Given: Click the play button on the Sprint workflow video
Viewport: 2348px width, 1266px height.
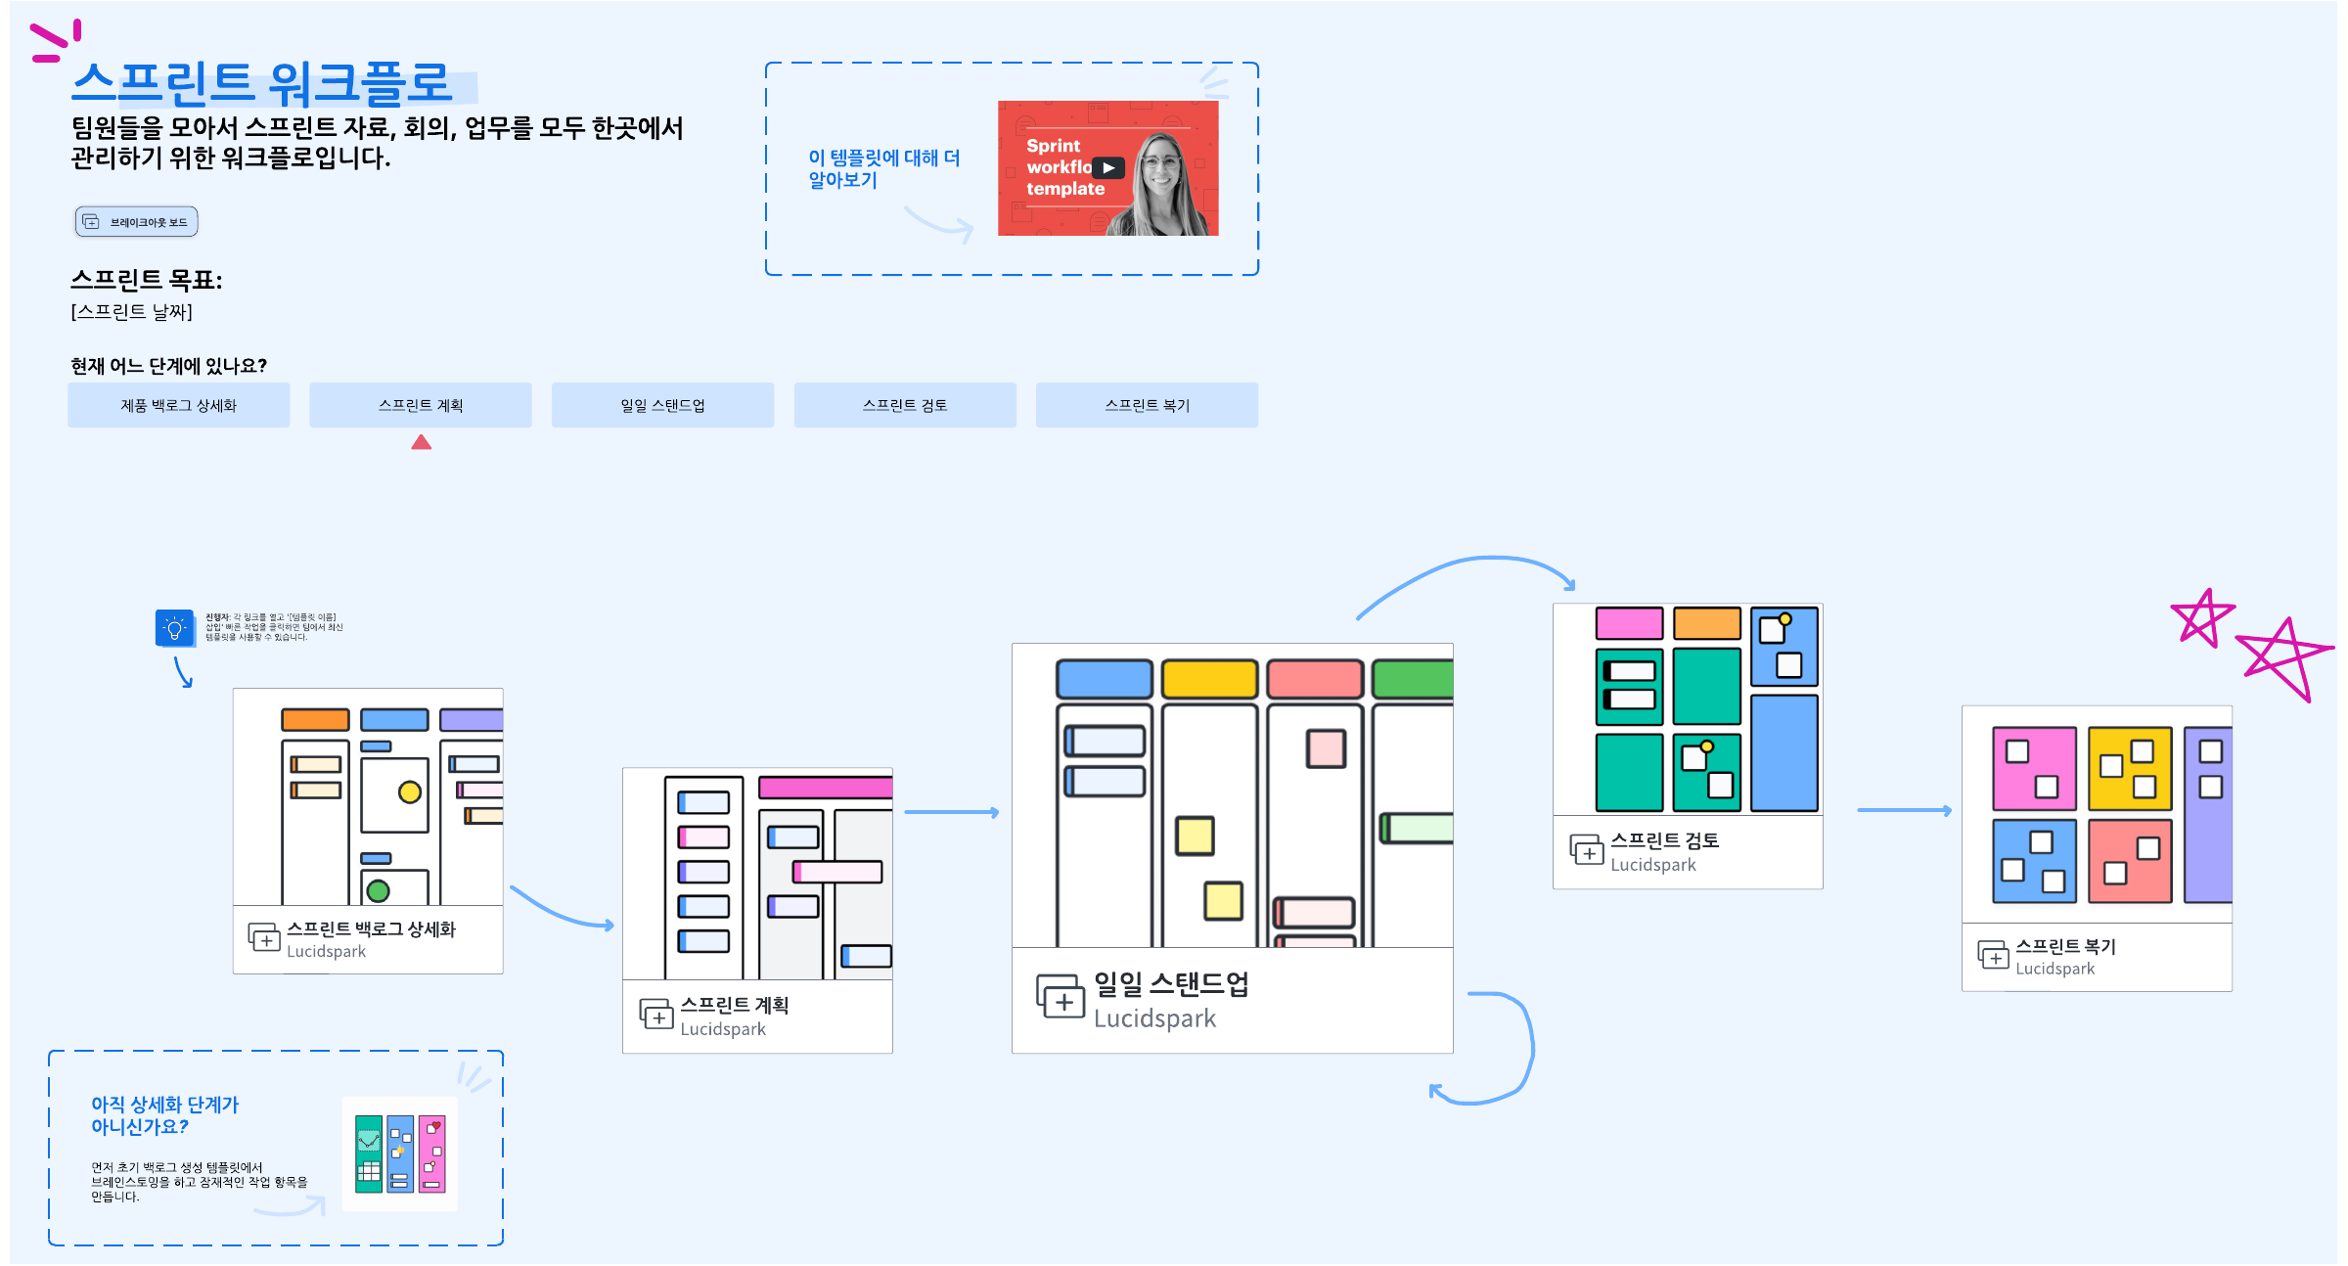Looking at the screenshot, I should (1108, 168).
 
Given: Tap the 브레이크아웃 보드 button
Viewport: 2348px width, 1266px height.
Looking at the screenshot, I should (137, 222).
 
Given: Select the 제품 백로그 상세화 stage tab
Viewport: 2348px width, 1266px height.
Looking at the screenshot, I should (179, 405).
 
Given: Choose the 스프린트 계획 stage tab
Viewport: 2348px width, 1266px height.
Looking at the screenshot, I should (421, 405).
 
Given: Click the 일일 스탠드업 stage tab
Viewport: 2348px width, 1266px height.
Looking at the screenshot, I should (662, 405).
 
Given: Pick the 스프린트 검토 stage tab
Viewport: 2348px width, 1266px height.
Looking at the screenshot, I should (905, 405).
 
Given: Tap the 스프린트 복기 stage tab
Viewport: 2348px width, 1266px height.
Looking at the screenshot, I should (1147, 405).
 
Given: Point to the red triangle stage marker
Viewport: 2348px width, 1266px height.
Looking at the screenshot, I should (422, 443).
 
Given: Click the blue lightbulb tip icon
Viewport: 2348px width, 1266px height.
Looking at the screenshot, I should (174, 628).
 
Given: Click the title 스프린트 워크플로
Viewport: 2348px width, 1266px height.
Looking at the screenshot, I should (262, 83).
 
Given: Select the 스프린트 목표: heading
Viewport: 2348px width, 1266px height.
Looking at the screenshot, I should (147, 280).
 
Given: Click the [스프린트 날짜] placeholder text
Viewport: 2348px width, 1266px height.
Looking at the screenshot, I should (131, 312).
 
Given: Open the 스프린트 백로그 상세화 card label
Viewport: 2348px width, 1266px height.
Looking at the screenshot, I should (371, 929).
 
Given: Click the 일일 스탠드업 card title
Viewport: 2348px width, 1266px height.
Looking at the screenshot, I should (1171, 984).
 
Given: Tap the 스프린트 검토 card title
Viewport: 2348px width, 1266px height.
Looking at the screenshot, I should (1664, 840).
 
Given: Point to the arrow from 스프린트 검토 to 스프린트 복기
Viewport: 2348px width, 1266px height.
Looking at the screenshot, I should (1904, 810).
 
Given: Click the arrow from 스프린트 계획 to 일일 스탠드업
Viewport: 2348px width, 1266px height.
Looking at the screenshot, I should (951, 812).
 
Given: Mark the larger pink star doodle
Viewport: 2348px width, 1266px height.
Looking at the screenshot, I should (2283, 657).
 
